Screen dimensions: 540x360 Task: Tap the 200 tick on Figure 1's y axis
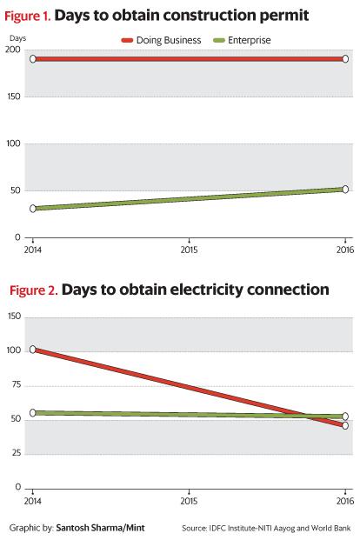click(14, 50)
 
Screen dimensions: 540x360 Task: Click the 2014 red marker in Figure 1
click(33, 59)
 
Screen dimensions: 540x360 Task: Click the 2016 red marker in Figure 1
click(345, 59)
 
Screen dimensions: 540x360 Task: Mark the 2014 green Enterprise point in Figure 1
click(33, 209)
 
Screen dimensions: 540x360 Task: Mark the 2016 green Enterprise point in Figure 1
click(345, 189)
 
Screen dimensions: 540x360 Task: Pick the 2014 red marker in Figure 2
click(33, 350)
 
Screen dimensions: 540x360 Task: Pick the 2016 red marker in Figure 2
click(345, 425)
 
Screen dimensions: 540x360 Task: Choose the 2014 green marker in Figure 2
click(33, 413)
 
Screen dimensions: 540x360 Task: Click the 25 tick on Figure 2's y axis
click(16, 453)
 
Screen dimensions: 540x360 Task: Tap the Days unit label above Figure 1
click(17, 38)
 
